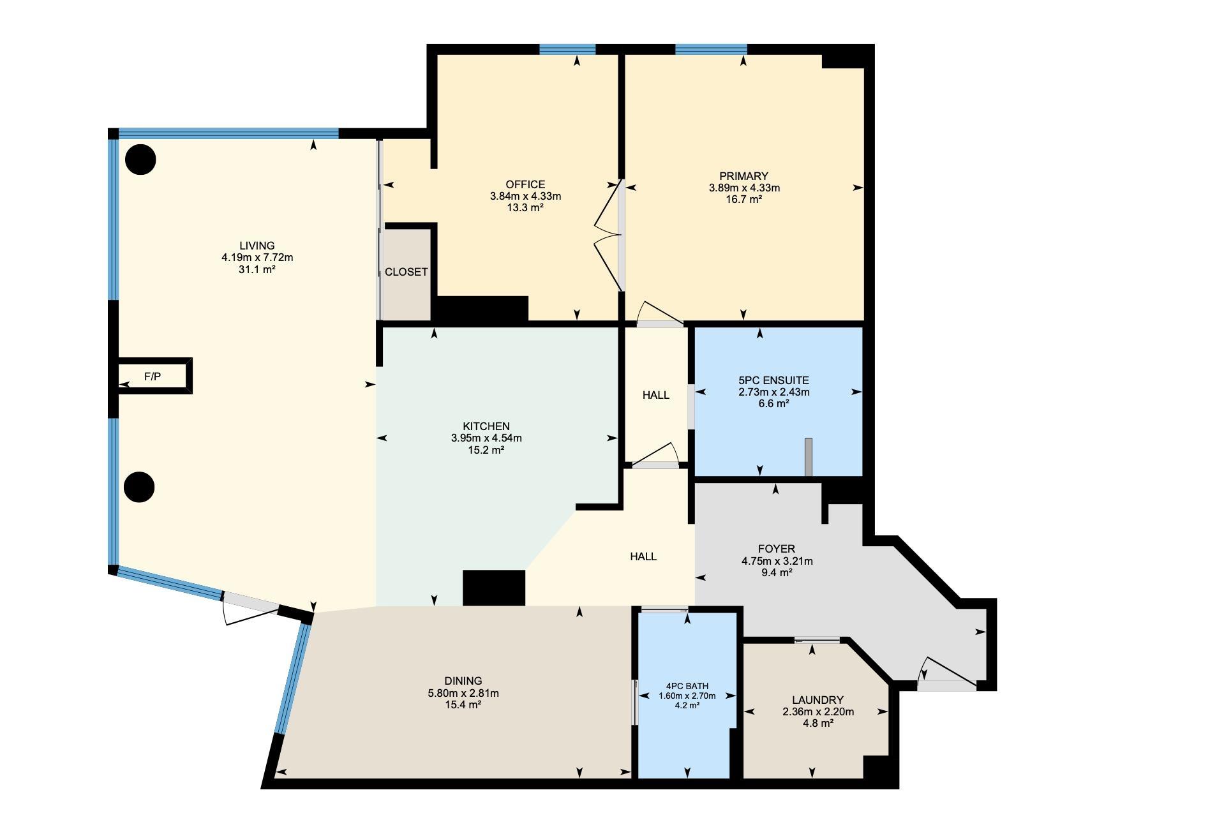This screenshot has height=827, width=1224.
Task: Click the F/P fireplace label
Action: click(x=152, y=376)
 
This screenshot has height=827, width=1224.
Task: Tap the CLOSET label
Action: click(x=406, y=272)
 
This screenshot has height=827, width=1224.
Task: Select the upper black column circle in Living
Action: click(x=140, y=160)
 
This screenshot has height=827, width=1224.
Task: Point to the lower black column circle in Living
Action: click(x=139, y=488)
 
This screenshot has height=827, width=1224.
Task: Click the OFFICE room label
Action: click(x=525, y=185)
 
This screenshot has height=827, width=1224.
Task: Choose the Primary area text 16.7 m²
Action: click(x=744, y=199)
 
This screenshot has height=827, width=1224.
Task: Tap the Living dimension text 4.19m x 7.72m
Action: click(x=257, y=258)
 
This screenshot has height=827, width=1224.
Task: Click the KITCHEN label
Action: click(x=486, y=426)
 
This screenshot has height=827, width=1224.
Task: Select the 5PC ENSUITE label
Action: click(x=773, y=380)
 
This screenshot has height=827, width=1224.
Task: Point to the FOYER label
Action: click(x=777, y=549)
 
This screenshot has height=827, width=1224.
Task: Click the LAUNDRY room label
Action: click(x=817, y=700)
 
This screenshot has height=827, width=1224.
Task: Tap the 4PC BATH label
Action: click(x=687, y=686)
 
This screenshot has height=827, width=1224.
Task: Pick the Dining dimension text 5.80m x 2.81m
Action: click(x=463, y=693)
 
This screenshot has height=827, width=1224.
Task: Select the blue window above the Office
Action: click(x=567, y=49)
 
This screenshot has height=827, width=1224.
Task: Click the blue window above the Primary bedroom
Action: click(x=711, y=49)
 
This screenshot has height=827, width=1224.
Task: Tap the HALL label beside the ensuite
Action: click(x=656, y=395)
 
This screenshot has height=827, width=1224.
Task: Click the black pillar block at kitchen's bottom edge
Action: click(x=494, y=588)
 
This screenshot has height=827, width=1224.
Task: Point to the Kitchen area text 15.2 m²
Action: click(x=486, y=450)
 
